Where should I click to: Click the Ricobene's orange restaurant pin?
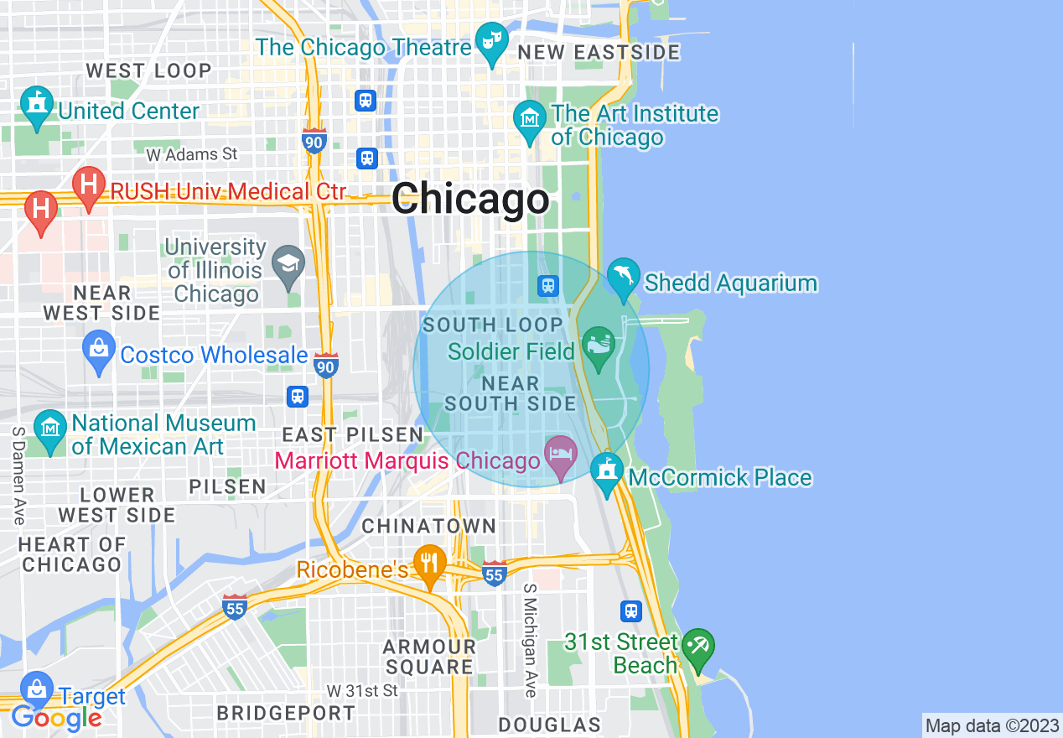tap(430, 564)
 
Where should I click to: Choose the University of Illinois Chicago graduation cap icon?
tap(289, 266)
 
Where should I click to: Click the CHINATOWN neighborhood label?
tap(428, 526)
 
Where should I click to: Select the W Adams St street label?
tap(192, 154)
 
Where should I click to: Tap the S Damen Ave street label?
tap(18, 476)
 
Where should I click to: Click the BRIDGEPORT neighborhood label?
tap(286, 714)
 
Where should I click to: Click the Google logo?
tap(56, 717)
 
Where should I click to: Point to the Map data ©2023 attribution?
tap(992, 725)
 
